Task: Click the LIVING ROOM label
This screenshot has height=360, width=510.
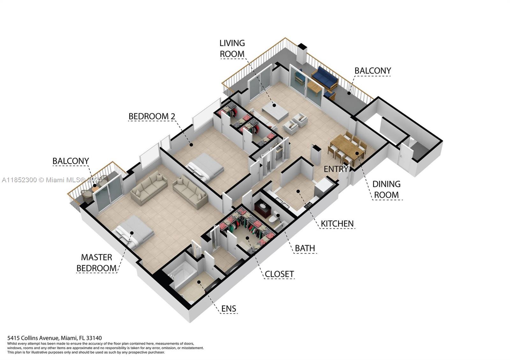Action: (x=232, y=48)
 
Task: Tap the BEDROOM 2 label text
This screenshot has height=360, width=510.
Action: (x=152, y=116)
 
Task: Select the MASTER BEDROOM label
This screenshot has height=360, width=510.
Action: (x=97, y=263)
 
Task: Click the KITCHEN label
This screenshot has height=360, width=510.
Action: (x=337, y=224)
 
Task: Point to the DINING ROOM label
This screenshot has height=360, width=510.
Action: (x=386, y=189)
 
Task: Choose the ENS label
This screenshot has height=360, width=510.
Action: (x=229, y=309)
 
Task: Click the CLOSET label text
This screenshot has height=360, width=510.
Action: (x=279, y=274)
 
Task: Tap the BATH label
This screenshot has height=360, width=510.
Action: (x=305, y=248)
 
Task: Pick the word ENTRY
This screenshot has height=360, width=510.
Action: (x=336, y=169)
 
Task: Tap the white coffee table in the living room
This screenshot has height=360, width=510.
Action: (x=275, y=111)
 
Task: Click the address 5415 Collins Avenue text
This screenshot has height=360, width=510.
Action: (x=55, y=338)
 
